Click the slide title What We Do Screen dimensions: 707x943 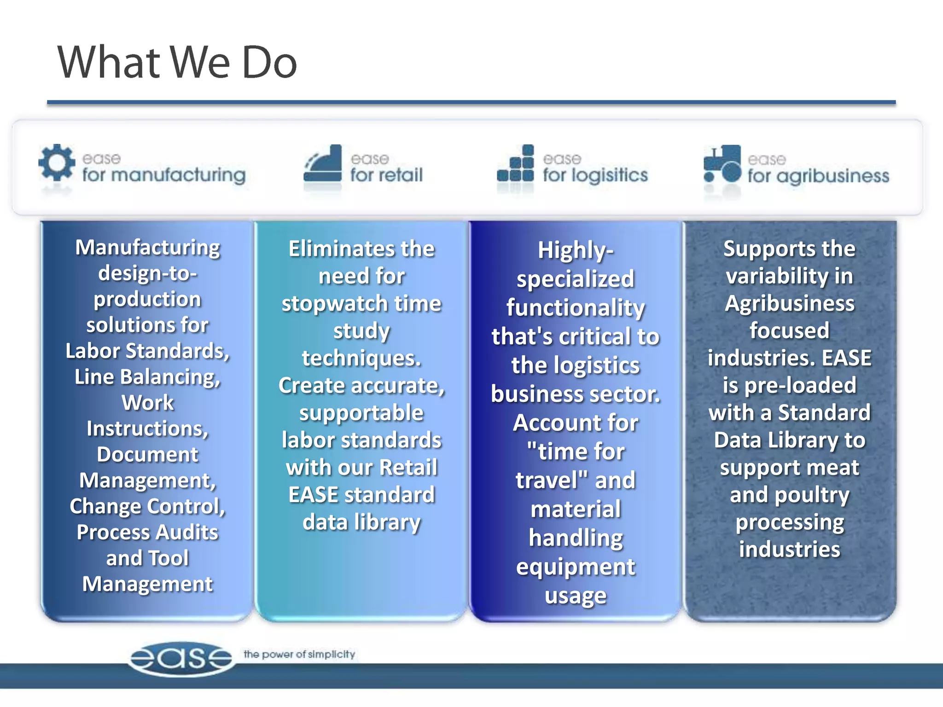point(177,63)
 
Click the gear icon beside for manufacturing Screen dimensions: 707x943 point(57,162)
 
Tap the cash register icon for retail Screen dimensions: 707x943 point(323,164)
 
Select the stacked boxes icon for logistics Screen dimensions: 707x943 point(516,164)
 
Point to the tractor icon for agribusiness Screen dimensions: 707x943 point(722,165)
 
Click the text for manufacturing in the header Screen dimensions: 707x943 point(163,175)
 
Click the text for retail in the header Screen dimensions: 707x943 point(386,175)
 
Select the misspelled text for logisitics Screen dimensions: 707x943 point(595,175)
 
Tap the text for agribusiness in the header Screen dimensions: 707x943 point(818,176)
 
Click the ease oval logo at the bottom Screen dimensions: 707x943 point(181,659)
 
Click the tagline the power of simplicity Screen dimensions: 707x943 point(299,654)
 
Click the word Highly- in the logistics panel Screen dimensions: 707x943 point(575,251)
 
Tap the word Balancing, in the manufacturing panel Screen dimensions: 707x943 point(170,377)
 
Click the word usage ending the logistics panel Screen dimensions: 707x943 point(575,596)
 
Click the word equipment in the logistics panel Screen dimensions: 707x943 point(575,567)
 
